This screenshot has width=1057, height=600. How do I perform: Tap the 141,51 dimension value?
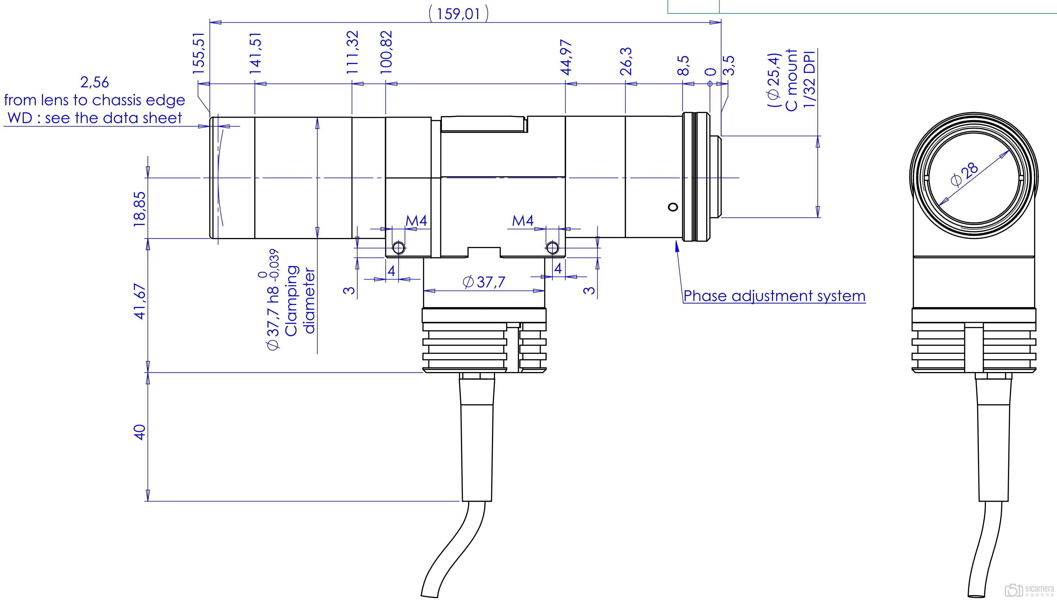[x=255, y=54]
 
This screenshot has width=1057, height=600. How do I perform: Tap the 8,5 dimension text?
[x=683, y=66]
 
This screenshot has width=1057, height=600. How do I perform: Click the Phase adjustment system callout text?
[x=774, y=296]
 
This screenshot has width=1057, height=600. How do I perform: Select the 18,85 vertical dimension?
[x=140, y=209]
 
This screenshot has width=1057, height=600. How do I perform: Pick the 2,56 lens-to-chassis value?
[x=95, y=83]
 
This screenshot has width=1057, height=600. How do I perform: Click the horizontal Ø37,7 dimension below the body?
[x=484, y=282]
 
